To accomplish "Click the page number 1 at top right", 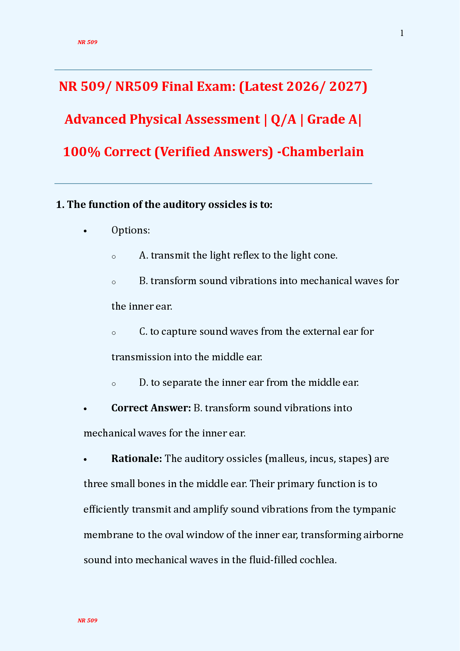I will tap(402, 34).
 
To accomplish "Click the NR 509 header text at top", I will tap(87, 42).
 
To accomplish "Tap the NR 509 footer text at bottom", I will tap(87, 620).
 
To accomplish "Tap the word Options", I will tap(130, 230).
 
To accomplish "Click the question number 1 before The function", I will tap(59, 205).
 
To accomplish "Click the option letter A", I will tap(143, 256).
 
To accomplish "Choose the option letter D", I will tap(143, 383).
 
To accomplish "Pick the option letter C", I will tap(143, 332).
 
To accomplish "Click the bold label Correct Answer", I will tap(151, 408).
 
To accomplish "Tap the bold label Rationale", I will tap(136, 459).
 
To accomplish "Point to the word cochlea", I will tap(318, 560).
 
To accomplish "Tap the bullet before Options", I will tap(86, 231).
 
